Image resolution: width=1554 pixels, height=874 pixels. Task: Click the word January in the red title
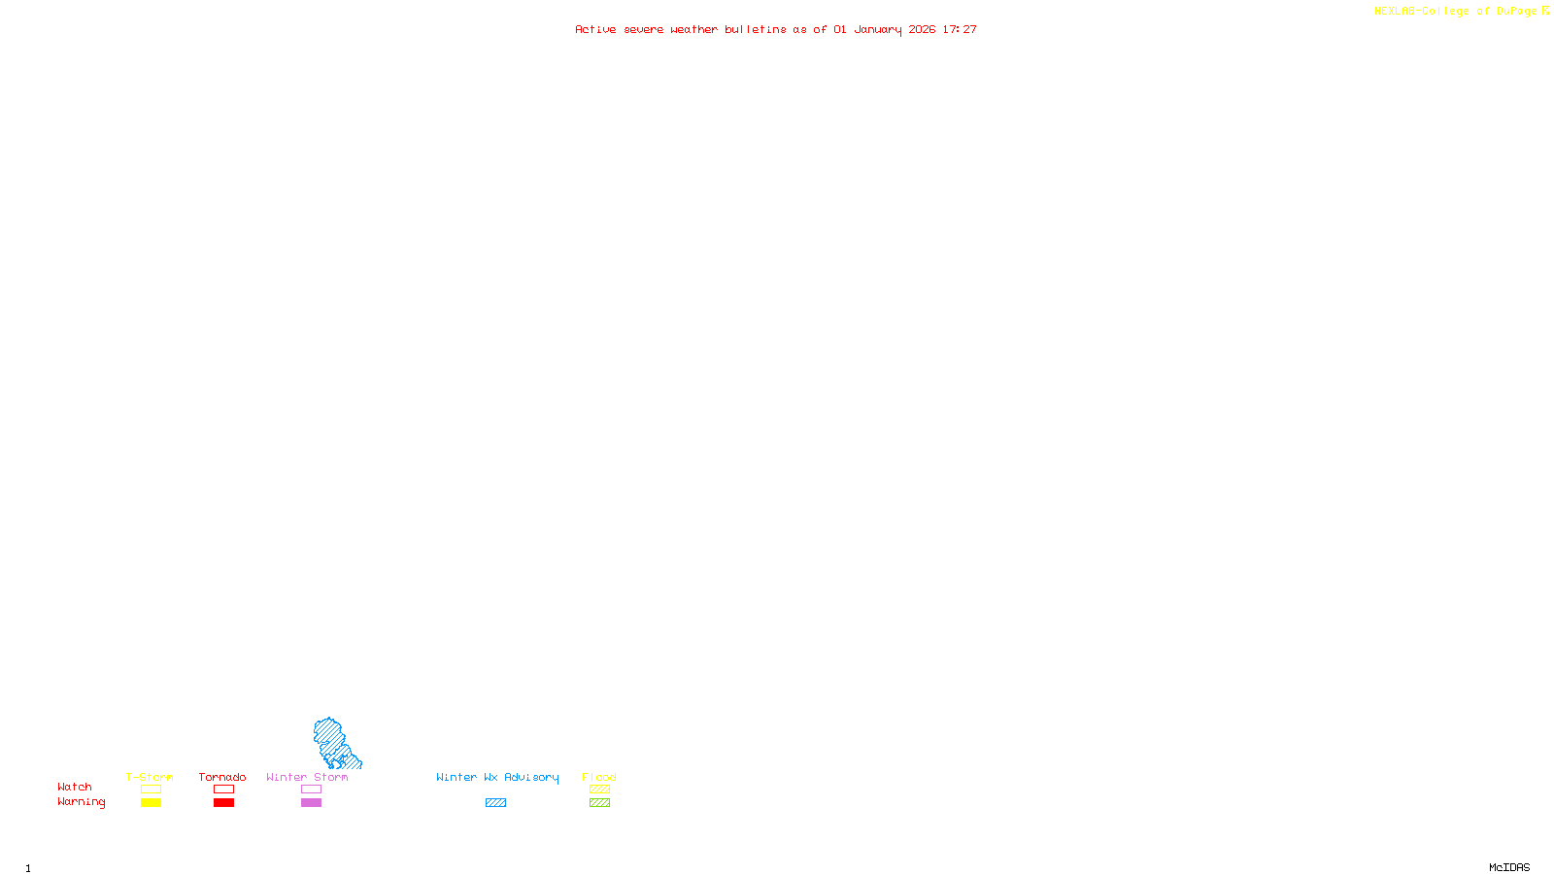tap(877, 30)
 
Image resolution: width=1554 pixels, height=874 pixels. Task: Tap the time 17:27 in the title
tap(960, 30)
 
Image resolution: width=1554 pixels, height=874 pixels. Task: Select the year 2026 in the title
tap(922, 30)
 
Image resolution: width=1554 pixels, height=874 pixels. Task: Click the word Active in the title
tap(595, 30)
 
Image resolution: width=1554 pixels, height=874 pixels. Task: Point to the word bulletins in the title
tap(756, 30)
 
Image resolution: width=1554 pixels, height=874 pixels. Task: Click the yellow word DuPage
tap(1516, 12)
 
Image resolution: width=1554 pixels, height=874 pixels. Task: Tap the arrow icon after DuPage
tap(1546, 12)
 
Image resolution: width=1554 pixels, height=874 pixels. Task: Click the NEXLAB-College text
tap(1421, 12)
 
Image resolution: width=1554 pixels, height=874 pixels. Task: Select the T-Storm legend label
tap(150, 777)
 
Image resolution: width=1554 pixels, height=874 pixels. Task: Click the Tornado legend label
tap(222, 777)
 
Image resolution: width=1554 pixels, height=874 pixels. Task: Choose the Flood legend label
tap(599, 777)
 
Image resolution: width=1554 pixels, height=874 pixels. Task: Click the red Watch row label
tap(75, 788)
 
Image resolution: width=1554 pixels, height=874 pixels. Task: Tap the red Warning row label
tap(81, 802)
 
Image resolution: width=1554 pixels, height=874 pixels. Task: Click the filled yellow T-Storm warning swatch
tap(151, 803)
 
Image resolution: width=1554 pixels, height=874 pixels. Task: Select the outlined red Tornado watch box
tap(224, 790)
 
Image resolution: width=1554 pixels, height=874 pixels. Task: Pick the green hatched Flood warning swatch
tap(600, 803)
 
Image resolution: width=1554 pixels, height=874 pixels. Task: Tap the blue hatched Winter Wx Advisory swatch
tap(495, 803)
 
